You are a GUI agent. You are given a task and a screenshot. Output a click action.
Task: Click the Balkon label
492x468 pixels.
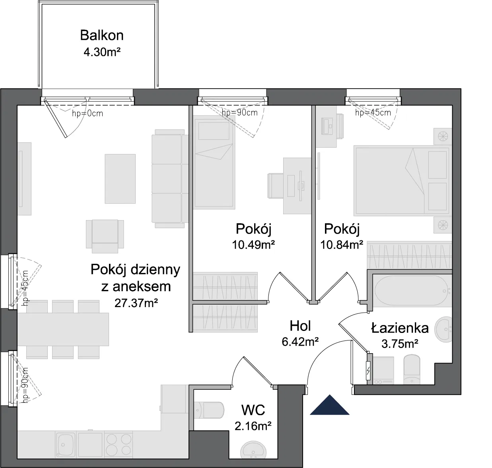(x=102, y=35)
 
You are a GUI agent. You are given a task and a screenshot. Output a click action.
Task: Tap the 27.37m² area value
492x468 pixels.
(x=136, y=303)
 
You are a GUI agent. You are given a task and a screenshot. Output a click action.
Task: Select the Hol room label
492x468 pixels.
(x=300, y=326)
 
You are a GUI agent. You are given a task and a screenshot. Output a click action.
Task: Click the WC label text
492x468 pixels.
(x=253, y=410)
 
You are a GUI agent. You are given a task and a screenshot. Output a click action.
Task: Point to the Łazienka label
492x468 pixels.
(x=400, y=328)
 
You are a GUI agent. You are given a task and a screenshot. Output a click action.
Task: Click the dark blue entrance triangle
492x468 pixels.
(x=330, y=405)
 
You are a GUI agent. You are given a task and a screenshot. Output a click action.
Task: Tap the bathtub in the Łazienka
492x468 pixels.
(x=412, y=290)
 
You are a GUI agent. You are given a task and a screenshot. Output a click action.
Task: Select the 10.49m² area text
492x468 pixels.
(x=253, y=245)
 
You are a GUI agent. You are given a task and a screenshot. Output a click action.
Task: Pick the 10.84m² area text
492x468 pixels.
(x=342, y=245)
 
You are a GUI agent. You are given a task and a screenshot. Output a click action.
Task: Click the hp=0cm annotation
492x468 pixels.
(x=88, y=114)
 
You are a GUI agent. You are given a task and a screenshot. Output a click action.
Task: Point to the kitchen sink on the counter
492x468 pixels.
(x=65, y=445)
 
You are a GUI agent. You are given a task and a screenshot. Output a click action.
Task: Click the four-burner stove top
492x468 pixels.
(x=119, y=445)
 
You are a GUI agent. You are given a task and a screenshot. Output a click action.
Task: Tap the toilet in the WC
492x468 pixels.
(x=209, y=410)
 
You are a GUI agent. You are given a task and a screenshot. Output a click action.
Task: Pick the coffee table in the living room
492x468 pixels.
(x=120, y=179)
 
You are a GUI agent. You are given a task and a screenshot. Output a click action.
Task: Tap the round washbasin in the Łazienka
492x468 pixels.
(x=443, y=329)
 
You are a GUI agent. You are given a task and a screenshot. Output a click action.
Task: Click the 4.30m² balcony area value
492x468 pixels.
(x=102, y=52)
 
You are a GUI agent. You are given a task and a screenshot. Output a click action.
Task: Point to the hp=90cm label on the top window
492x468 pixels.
(x=239, y=113)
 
